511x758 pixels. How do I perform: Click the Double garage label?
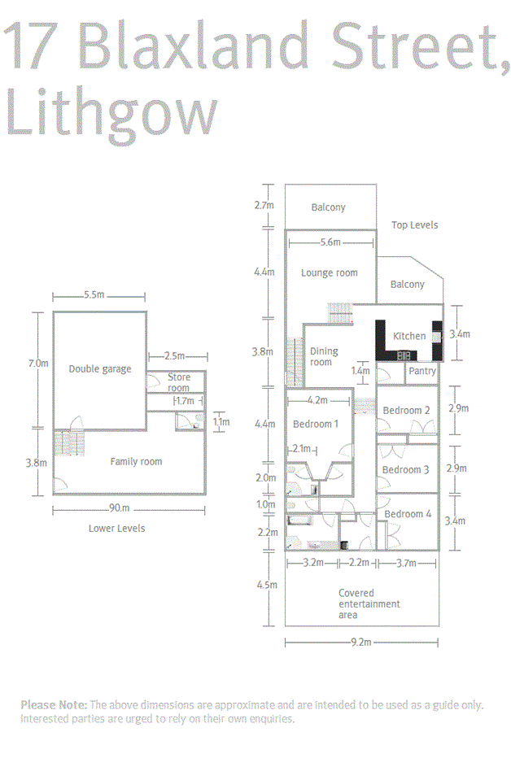(x=99, y=369)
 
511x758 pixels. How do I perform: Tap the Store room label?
(x=178, y=382)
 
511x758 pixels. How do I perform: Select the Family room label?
(x=136, y=462)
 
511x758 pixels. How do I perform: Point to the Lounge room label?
(x=330, y=273)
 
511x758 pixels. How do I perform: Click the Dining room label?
(x=323, y=357)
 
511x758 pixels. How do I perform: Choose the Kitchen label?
(x=409, y=336)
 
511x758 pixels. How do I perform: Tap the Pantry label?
(x=422, y=371)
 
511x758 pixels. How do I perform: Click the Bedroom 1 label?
(x=315, y=424)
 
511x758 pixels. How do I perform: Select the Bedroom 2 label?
(x=406, y=411)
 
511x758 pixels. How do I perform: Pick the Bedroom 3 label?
(x=405, y=470)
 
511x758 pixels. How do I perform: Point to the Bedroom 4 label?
(x=408, y=514)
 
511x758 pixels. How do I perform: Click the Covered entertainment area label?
(x=369, y=603)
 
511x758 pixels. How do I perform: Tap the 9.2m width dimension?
(x=361, y=643)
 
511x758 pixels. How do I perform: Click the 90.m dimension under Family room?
(x=119, y=508)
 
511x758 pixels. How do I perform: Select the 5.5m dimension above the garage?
(x=94, y=295)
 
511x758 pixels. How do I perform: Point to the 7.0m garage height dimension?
(x=38, y=364)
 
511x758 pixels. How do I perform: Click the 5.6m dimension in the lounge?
(x=330, y=242)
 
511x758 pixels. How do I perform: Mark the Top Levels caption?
(x=414, y=225)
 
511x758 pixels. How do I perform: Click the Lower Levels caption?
(x=116, y=529)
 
